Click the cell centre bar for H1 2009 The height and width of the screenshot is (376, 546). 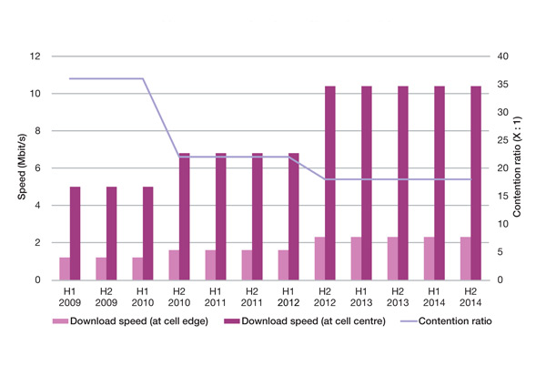76,233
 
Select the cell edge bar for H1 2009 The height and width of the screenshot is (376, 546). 65,269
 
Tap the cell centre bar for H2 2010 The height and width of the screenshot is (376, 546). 185,217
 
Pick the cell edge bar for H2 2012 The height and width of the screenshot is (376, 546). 320,259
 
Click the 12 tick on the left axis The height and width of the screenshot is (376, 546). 36,56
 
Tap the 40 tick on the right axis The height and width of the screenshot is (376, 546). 499,56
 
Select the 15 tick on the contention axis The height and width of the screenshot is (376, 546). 499,197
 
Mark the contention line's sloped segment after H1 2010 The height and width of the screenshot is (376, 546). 161,117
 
